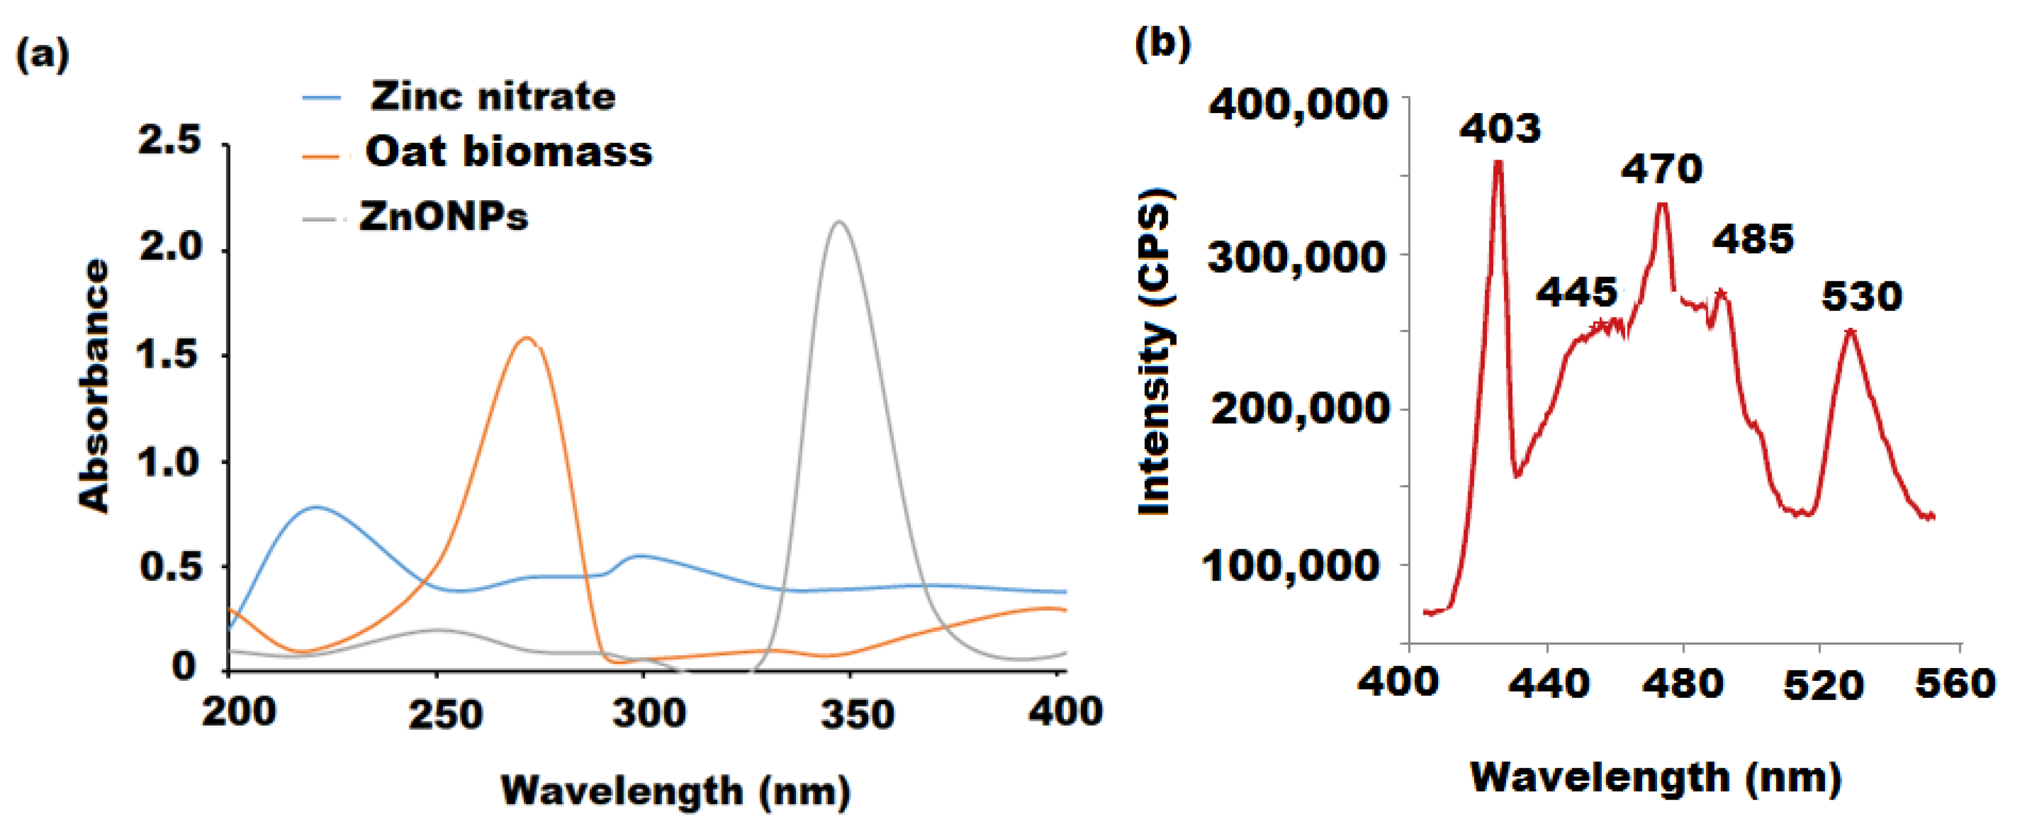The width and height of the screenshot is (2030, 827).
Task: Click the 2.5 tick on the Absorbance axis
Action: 170,142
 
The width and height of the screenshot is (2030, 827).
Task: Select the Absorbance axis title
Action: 94,386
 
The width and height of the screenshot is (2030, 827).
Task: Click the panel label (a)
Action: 43,55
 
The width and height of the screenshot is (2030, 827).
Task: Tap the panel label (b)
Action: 1162,43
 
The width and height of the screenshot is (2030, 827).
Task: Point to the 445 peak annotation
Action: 1576,293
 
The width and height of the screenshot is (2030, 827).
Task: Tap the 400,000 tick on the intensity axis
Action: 1297,104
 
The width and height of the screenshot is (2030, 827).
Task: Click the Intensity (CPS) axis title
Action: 1155,352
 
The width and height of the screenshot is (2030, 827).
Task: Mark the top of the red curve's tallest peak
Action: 1497,162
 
